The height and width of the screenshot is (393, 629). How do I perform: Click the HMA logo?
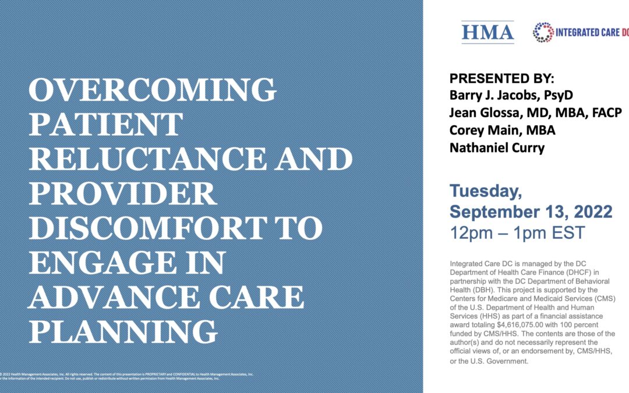click(x=487, y=33)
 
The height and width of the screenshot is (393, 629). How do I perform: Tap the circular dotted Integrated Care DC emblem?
click(x=543, y=33)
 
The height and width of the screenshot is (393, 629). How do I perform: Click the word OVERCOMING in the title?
click(x=153, y=90)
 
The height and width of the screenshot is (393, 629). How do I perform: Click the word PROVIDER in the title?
click(x=123, y=193)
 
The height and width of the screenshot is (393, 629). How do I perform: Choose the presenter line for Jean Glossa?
click(x=535, y=113)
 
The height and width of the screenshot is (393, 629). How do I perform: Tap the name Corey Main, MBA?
click(x=502, y=130)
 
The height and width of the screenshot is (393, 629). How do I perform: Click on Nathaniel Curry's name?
click(x=497, y=148)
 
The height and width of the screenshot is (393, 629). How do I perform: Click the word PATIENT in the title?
click(x=105, y=125)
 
